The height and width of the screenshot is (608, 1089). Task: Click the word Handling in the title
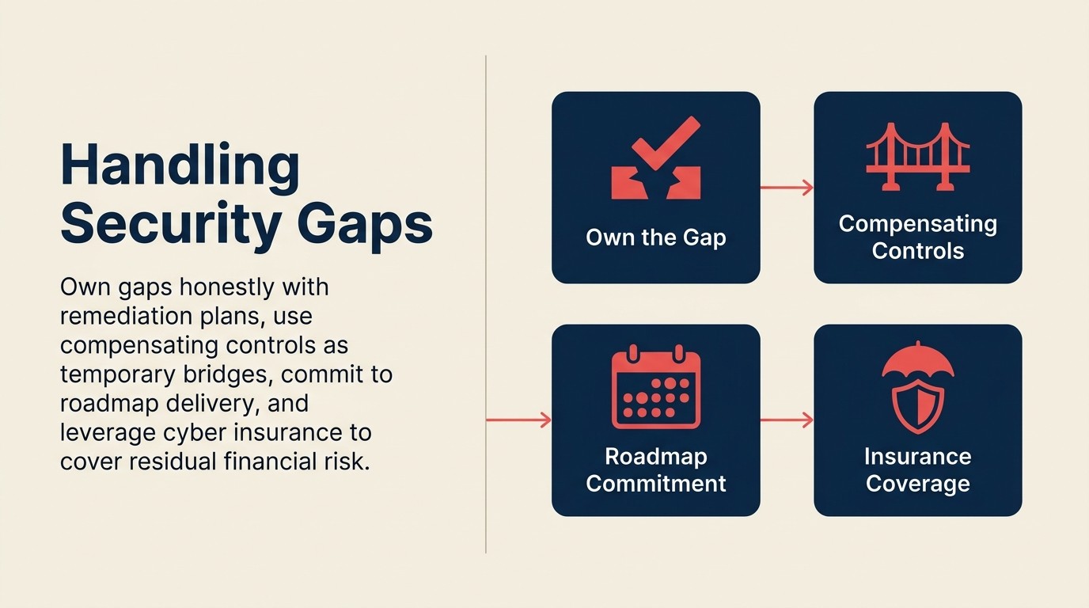pos(180,165)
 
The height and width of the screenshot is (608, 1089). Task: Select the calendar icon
pos(655,389)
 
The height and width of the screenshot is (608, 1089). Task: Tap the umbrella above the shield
pos(917,361)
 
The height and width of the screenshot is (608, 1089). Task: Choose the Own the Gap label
pos(655,237)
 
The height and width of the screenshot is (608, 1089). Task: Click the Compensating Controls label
pos(917,237)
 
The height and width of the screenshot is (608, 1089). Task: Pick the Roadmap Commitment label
pos(655,470)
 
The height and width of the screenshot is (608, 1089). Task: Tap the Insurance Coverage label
pos(917,470)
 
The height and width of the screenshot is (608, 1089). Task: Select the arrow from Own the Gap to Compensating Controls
pos(787,188)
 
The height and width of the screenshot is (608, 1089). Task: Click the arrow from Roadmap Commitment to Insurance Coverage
pos(787,420)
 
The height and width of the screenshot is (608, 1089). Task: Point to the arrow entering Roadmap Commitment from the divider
pos(518,420)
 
